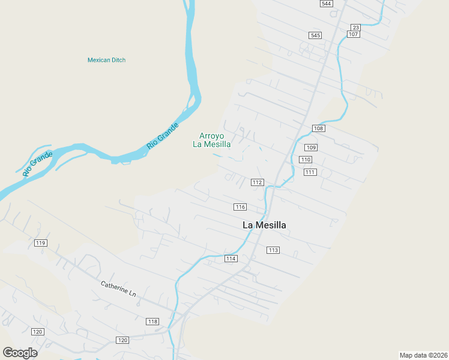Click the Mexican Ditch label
106,60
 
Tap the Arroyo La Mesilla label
211,140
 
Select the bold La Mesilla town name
264,225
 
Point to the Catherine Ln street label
118,289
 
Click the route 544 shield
326,4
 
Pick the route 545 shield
315,35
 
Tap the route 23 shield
355,28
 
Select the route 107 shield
353,34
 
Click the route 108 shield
319,128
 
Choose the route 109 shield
310,148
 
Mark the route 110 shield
306,160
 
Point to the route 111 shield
310,172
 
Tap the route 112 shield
258,182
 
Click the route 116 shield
240,207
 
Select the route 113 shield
273,250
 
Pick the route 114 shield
231,259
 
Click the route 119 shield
40,243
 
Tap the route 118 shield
152,322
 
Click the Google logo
20,353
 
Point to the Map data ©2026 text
423,355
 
